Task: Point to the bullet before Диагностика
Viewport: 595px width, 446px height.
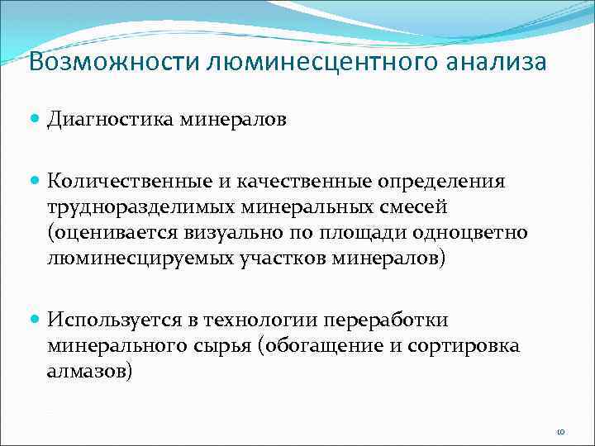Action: [35, 120]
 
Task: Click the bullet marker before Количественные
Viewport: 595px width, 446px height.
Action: [35, 180]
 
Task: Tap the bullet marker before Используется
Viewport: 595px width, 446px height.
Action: [35, 319]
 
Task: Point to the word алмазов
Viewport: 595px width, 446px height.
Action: [89, 372]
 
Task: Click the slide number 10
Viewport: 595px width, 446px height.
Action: [560, 431]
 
